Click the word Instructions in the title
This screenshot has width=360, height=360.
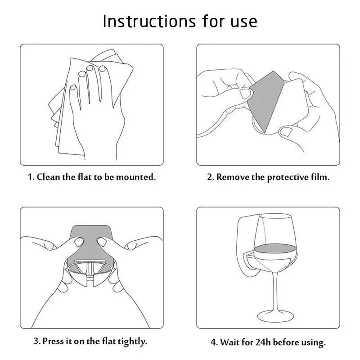[x=149, y=21]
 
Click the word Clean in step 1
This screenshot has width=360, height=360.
[x=49, y=177]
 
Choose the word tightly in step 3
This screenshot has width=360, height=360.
[x=132, y=342]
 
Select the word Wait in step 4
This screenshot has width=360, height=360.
[x=230, y=342]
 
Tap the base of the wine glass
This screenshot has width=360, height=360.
[x=275, y=316]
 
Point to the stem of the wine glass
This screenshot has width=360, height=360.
[x=275, y=291]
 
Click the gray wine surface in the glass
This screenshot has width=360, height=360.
[x=275, y=249]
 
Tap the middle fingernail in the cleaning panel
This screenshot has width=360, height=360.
[x=90, y=68]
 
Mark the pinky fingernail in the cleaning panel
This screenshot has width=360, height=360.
[x=73, y=88]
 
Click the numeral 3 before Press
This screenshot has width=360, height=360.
[x=36, y=341]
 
